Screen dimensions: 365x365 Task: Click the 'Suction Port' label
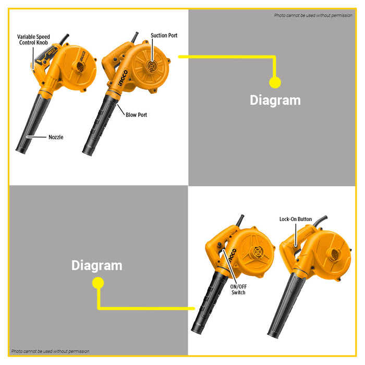[164, 35]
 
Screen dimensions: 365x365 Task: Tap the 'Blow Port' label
[136, 115]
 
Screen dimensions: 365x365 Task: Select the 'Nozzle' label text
[56, 137]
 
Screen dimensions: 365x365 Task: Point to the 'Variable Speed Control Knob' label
[33, 40]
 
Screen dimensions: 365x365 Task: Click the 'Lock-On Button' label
[296, 219]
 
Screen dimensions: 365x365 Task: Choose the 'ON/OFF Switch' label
[238, 289]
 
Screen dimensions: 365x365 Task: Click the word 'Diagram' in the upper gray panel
[275, 100]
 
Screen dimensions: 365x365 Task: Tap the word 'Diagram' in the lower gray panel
[97, 265]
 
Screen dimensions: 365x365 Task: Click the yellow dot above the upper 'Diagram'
[275, 82]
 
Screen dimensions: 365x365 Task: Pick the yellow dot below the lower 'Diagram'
[98, 283]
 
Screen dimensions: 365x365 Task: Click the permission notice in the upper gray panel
[313, 15]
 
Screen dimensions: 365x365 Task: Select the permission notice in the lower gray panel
[50, 351]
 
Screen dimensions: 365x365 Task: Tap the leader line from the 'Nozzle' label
[36, 137]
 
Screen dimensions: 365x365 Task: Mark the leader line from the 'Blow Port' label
[121, 110]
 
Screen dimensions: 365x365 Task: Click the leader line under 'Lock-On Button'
[296, 235]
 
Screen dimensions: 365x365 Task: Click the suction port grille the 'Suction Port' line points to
[151, 66]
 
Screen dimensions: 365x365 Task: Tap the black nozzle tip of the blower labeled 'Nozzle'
[21, 150]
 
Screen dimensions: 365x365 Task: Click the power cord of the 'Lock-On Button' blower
[321, 221]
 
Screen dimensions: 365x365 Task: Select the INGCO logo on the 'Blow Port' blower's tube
[123, 78]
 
